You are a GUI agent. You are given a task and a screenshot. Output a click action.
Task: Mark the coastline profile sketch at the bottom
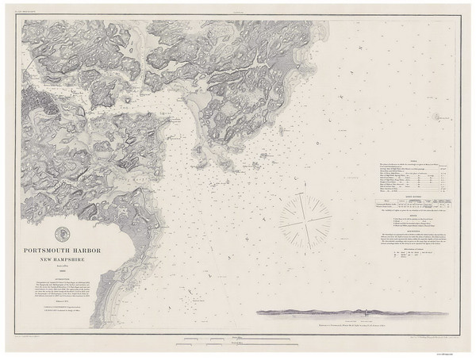coord(333,312)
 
